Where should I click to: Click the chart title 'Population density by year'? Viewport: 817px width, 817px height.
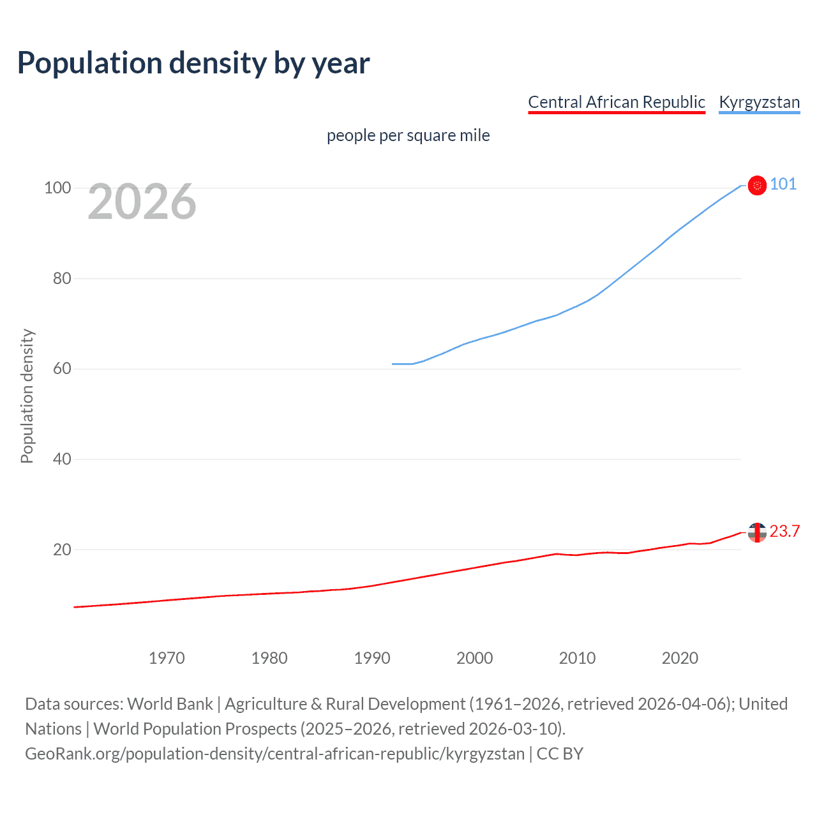pos(193,63)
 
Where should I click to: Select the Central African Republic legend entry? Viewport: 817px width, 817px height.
pos(616,102)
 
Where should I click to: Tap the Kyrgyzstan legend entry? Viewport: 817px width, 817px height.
pos(759,102)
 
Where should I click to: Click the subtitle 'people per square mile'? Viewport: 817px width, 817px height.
pos(408,135)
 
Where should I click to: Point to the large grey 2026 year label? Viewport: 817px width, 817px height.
pos(142,202)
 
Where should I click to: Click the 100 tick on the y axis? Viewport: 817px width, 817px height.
pos(57,188)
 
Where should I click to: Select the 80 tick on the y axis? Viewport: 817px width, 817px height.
pos(62,278)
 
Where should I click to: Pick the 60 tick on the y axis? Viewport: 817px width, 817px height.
pos(62,369)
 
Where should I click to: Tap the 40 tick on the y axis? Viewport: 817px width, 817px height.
pos(62,459)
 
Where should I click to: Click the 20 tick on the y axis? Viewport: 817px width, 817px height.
pos(62,550)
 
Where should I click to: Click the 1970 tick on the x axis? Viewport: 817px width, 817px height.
pos(167,658)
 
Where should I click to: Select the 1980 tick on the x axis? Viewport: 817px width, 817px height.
pos(269,658)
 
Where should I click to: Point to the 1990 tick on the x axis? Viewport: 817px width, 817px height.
pos(372,658)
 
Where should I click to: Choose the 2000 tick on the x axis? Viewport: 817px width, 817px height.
pos(475,658)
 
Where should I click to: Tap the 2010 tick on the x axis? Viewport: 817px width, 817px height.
pos(577,658)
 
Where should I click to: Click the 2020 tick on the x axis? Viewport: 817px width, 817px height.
pos(680,658)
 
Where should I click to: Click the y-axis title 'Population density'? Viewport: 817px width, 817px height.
pos(27,396)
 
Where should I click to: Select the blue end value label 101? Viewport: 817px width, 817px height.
pos(783,184)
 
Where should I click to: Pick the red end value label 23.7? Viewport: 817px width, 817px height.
pos(784,532)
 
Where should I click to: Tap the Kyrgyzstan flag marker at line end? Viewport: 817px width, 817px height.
pos(757,186)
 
